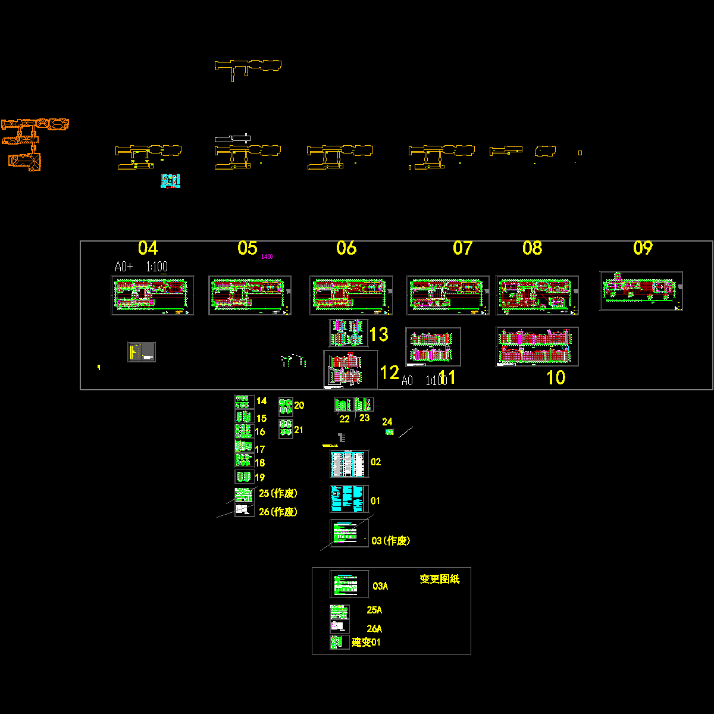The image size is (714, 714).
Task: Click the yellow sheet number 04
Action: [x=148, y=248]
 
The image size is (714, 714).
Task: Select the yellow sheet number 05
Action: [x=247, y=248]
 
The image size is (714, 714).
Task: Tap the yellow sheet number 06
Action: [x=346, y=248]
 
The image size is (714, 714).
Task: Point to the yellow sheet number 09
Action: [x=643, y=248]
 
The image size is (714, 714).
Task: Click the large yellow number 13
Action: [x=379, y=334]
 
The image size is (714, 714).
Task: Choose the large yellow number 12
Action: [x=389, y=373]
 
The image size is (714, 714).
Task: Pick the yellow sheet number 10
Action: [x=556, y=378]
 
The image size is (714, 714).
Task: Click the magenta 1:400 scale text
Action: [x=267, y=257]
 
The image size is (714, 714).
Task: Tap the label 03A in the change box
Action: [x=380, y=586]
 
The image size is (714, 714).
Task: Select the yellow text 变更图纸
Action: [x=440, y=579]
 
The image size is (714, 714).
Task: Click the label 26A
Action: [x=374, y=629]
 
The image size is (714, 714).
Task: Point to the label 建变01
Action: [x=366, y=643]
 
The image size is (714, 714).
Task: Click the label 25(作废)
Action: [x=278, y=493]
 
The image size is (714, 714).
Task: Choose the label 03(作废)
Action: [x=390, y=541]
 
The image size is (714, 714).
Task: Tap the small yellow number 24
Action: [x=387, y=422]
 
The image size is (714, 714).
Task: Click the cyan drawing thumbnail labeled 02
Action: [x=349, y=464]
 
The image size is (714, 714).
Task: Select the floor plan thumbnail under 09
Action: [x=641, y=290]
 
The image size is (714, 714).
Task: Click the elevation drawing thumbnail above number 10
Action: [x=537, y=346]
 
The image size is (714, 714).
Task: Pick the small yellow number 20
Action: [x=299, y=405]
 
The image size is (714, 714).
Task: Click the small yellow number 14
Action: [x=261, y=401]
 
